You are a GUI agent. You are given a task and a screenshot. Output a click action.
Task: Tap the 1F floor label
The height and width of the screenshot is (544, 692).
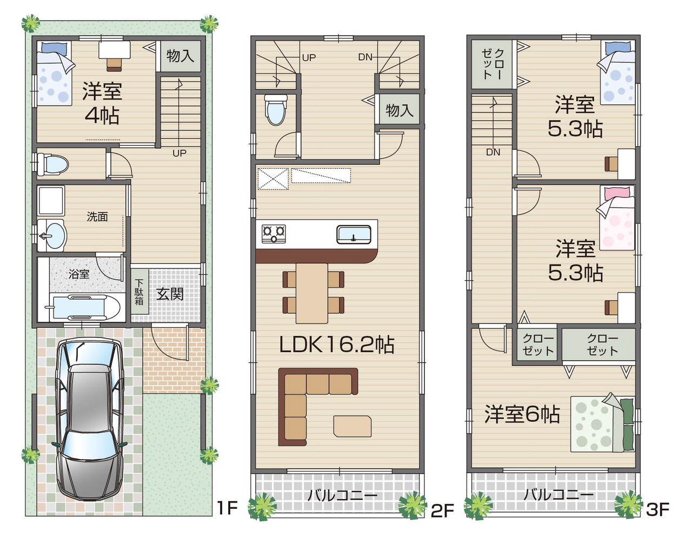227,508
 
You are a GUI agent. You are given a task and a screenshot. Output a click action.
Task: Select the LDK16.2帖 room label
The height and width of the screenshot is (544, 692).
337,344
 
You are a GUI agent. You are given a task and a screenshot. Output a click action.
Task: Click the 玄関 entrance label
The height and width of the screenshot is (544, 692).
170,294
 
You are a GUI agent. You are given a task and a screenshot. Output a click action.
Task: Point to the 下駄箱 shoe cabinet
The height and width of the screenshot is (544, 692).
139,293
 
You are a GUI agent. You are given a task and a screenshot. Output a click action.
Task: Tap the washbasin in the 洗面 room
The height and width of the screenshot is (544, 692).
51,235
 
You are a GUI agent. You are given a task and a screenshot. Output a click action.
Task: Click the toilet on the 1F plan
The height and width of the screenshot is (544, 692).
52,164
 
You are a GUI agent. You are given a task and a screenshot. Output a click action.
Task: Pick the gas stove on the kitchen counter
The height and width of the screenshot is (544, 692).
274,234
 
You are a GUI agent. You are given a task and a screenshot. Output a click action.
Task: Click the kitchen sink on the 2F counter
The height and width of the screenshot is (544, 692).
354,235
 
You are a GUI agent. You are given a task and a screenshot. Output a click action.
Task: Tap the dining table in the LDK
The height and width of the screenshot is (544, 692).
312,293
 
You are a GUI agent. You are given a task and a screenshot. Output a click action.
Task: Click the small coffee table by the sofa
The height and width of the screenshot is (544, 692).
352,426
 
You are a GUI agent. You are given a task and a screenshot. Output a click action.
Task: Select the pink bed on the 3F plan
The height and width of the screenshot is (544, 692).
617,217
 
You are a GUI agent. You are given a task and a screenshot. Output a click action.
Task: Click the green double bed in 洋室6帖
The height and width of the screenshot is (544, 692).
602,423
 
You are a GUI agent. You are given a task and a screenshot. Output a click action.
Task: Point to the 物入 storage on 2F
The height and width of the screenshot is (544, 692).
400,109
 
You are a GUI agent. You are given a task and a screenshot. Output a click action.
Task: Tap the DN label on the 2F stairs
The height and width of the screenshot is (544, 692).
365,57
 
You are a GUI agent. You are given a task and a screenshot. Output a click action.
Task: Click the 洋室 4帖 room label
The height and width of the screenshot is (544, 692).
102,103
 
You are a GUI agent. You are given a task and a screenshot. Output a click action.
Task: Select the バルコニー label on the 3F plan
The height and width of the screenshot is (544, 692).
558,495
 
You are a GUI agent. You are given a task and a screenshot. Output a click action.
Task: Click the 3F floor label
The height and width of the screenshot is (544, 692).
657,509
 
